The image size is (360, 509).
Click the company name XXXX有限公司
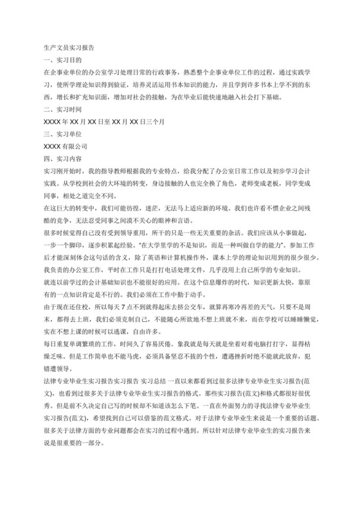pos(65,147)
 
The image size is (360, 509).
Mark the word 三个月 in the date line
pos(155,122)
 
